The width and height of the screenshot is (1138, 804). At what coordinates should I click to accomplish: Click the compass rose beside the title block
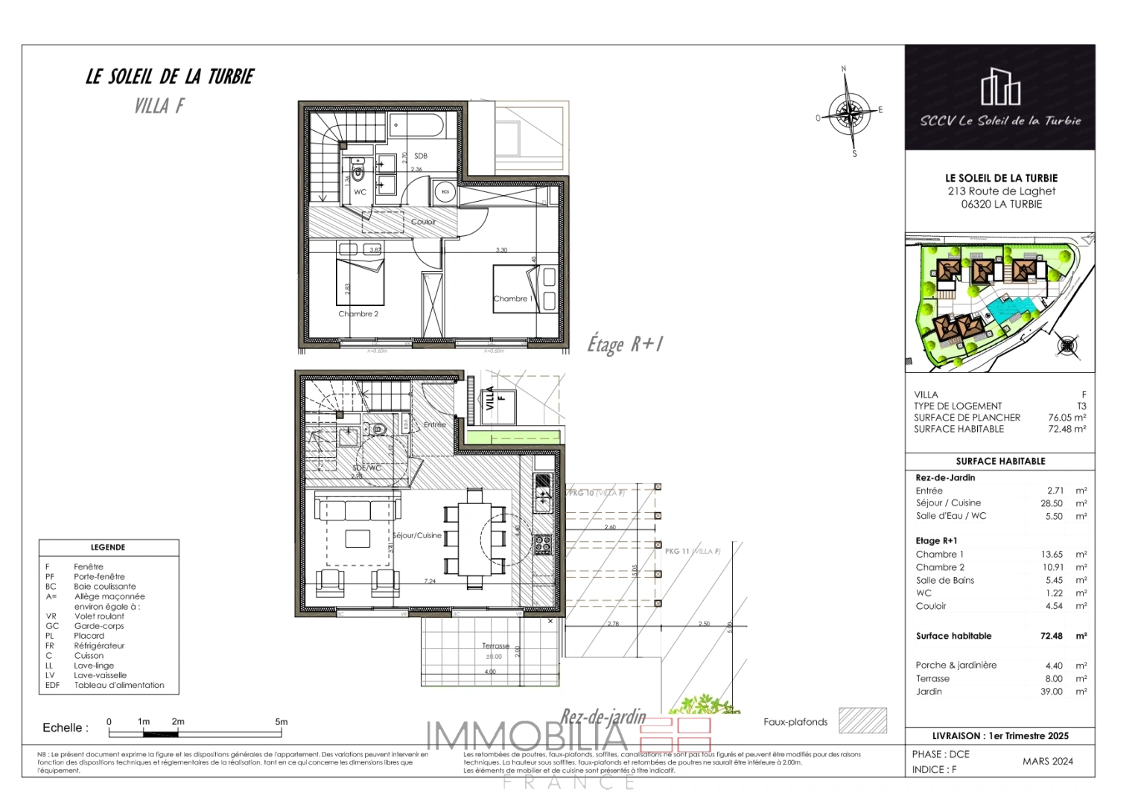(x=849, y=114)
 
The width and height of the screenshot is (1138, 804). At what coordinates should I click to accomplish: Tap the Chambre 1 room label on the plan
(x=512, y=299)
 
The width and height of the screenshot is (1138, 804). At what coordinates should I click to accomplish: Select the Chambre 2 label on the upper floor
(x=358, y=314)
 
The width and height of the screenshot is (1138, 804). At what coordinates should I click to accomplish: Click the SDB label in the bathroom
(x=421, y=156)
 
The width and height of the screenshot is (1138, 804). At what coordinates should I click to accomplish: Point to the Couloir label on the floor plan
(x=423, y=222)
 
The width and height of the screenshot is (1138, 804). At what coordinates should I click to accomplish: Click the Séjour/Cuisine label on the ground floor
(x=417, y=535)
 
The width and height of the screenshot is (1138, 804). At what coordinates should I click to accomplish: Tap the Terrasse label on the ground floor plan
(x=495, y=646)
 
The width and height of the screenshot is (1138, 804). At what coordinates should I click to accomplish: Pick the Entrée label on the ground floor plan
(x=435, y=425)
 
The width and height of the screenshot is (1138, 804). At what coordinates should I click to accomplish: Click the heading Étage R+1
(x=624, y=344)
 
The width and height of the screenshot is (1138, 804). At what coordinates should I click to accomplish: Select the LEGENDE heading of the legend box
(x=108, y=547)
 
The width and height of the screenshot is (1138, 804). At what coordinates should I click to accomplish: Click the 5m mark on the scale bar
(x=281, y=722)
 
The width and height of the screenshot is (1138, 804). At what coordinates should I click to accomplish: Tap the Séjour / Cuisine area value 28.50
(x=1052, y=503)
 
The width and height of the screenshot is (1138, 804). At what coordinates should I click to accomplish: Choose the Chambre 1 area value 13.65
(x=1052, y=555)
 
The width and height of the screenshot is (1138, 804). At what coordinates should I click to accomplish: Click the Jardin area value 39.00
(x=1052, y=692)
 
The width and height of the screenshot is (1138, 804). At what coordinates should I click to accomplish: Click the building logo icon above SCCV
(x=999, y=87)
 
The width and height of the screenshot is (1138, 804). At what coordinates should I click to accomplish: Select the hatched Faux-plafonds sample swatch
(x=862, y=721)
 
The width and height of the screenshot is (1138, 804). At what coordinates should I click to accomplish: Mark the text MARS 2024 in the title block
(x=1047, y=761)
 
